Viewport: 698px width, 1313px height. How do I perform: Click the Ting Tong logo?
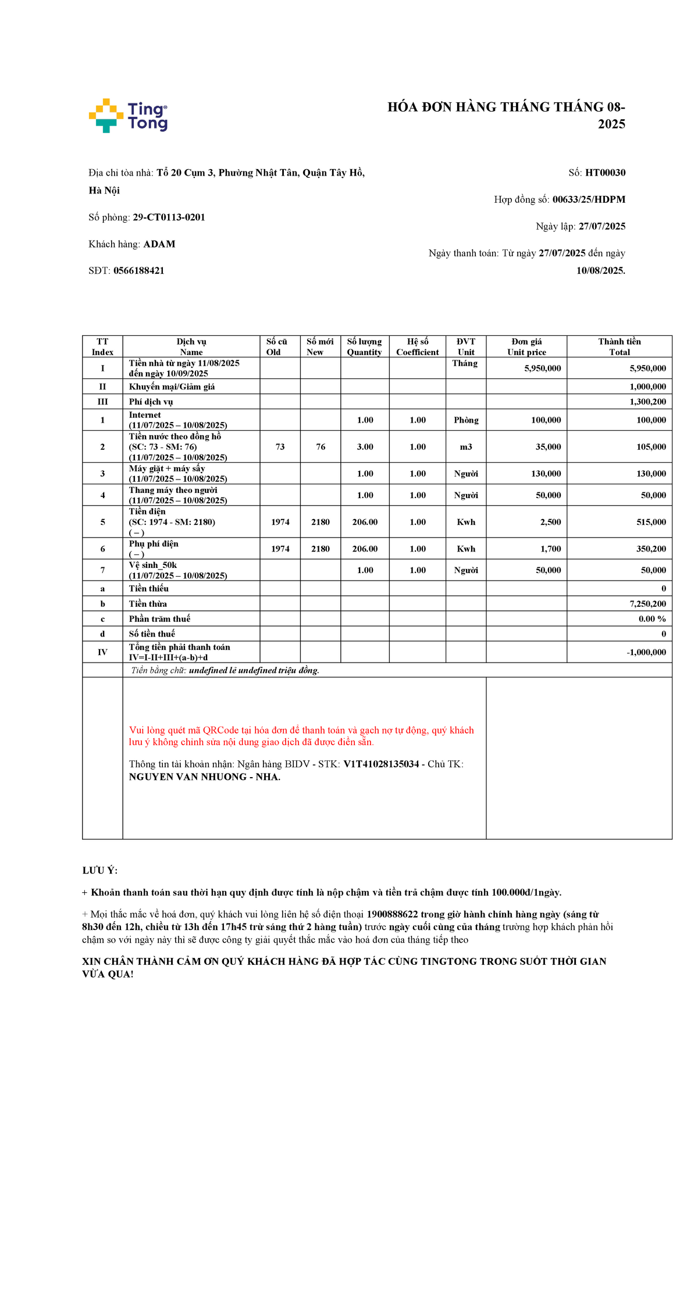(x=128, y=116)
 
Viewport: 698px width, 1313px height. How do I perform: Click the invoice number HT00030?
(x=605, y=173)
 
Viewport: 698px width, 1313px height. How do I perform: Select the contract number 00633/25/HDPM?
(x=589, y=199)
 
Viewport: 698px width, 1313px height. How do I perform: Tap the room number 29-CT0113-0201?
(x=169, y=217)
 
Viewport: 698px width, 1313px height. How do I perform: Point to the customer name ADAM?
(x=159, y=244)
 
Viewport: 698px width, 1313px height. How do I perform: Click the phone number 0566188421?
(x=139, y=271)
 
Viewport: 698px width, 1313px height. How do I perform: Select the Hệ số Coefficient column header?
(x=418, y=346)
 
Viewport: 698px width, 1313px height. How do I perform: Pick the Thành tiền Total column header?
(x=619, y=346)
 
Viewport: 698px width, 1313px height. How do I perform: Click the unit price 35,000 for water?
(x=548, y=447)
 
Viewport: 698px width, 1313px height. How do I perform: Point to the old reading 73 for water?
(x=280, y=447)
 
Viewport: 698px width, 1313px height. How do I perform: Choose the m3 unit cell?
(x=466, y=447)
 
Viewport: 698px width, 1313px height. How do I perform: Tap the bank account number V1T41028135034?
(x=381, y=764)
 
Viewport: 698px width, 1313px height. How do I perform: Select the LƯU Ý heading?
(x=100, y=870)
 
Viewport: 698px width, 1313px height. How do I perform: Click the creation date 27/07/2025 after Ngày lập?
(x=601, y=226)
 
